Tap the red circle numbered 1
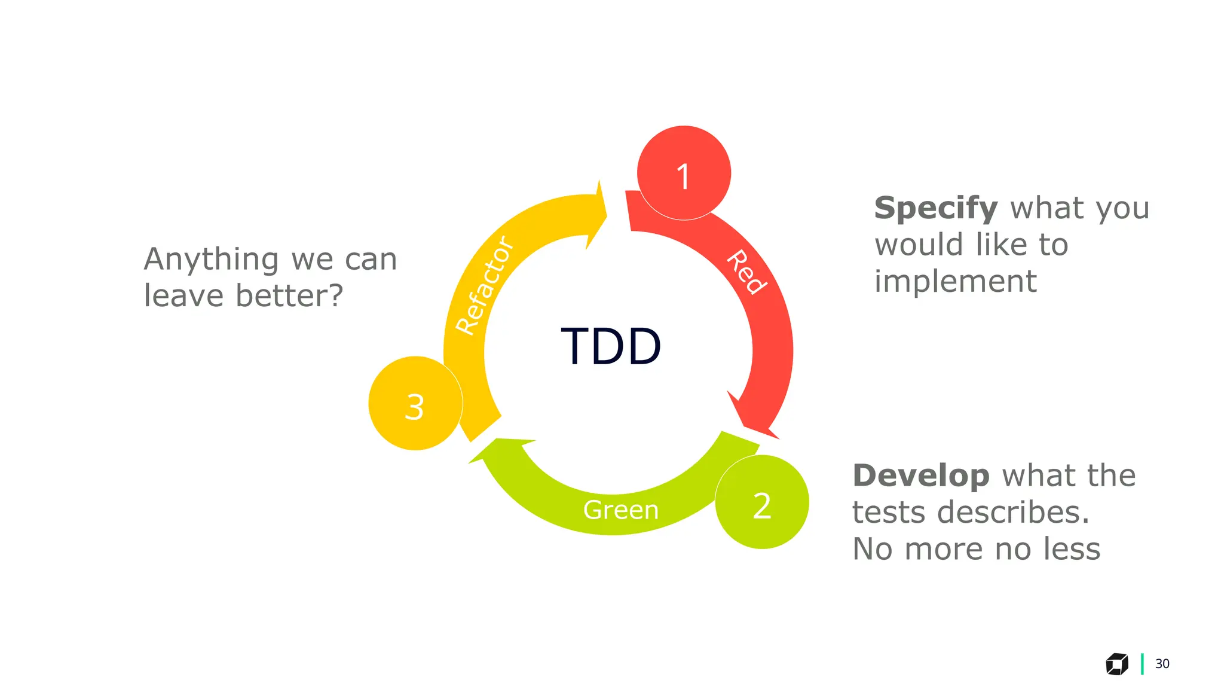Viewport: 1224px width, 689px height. (684, 173)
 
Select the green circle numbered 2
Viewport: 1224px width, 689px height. (762, 502)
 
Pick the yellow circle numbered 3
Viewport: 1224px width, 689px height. (415, 404)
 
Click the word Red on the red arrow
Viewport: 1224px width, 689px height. (746, 272)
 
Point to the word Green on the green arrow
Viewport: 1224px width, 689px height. (620, 510)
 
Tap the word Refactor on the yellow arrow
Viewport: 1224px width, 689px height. (484, 285)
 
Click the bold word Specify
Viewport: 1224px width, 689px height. (935, 208)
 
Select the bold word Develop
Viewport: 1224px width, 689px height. (920, 475)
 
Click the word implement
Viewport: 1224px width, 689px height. (955, 281)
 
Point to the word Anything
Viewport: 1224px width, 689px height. (211, 260)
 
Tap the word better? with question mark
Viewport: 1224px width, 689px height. (289, 295)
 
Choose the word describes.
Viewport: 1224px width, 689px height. (1012, 513)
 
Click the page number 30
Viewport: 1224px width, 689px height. (1162, 664)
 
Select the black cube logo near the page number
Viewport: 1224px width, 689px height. (1116, 664)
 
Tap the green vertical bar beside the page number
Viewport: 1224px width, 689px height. (1142, 664)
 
